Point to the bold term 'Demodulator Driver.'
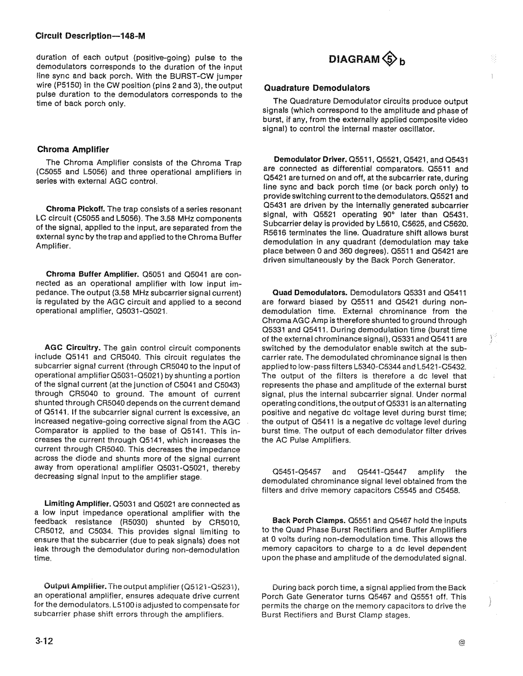point(303,159)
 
